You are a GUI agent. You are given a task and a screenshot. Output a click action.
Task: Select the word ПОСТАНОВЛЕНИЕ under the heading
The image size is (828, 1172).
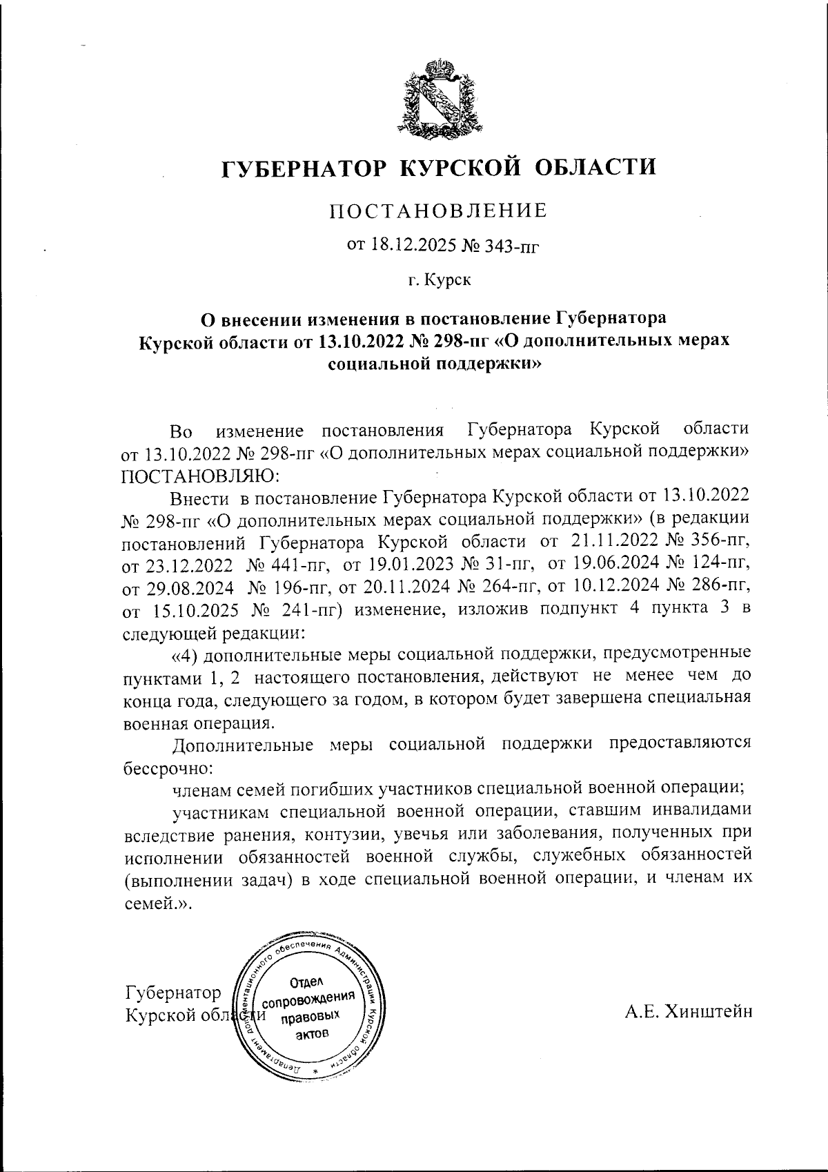[x=438, y=211]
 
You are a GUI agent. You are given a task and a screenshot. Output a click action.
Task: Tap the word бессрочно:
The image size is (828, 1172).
[x=167, y=768]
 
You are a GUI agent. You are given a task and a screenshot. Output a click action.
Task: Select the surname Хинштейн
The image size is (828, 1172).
[x=707, y=1011]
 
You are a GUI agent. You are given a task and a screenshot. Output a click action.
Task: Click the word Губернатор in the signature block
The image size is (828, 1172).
[x=172, y=993]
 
